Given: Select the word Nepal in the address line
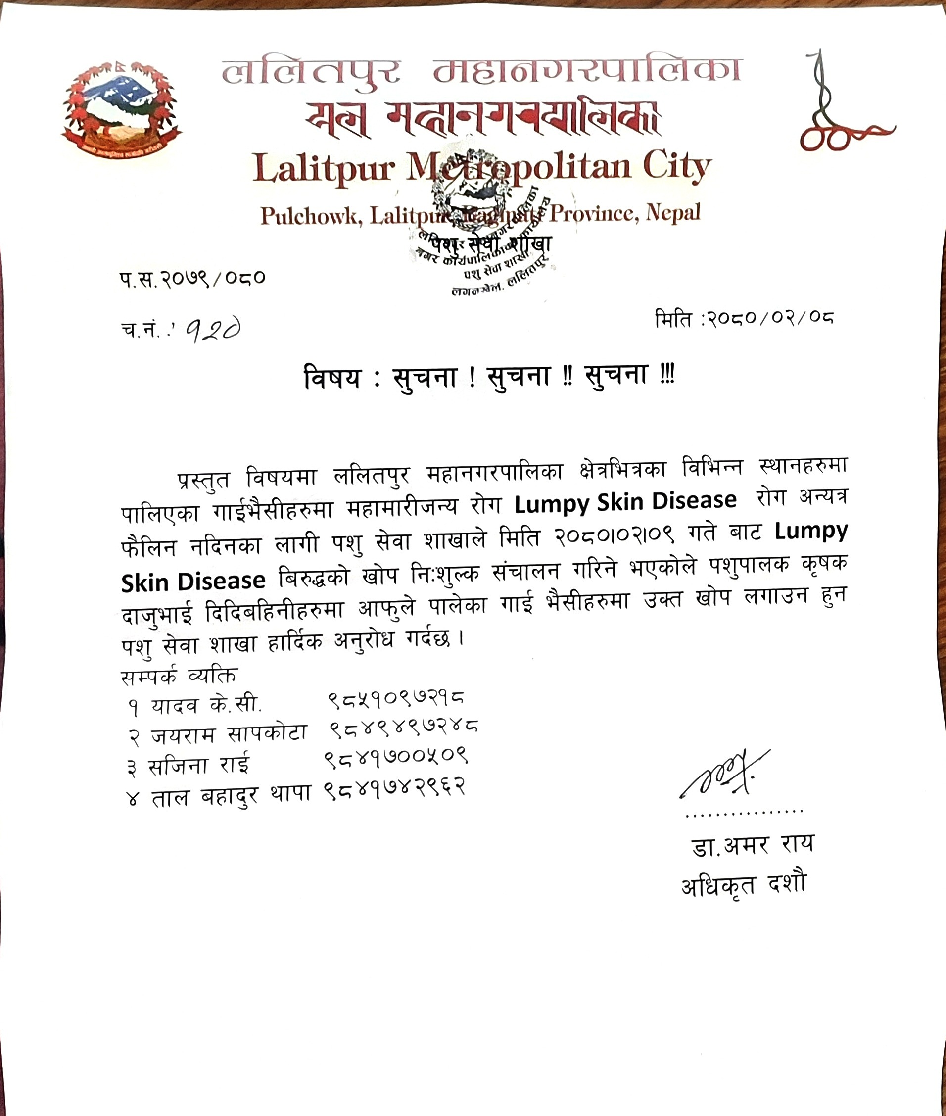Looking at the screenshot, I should click(673, 213).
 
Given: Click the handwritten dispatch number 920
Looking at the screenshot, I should click(213, 331).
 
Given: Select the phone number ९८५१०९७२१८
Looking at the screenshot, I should click(396, 699).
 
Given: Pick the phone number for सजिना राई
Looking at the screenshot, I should click(396, 757).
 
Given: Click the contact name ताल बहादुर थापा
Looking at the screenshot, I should click(231, 795).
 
